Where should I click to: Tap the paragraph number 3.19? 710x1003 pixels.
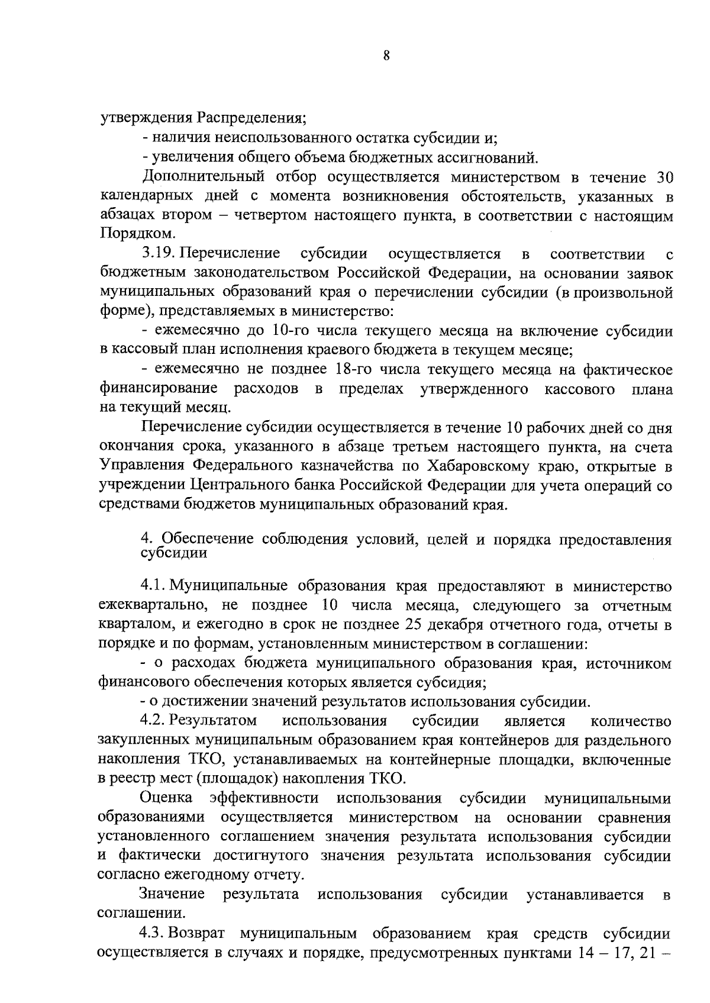(x=159, y=254)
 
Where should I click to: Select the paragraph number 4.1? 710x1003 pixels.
(x=153, y=586)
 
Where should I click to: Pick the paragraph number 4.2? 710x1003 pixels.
(x=153, y=721)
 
